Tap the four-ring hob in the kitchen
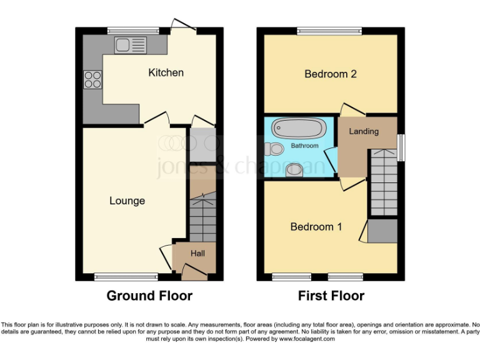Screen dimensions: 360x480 point(92,79)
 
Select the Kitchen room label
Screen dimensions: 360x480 point(166,72)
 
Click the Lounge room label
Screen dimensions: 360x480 point(127,201)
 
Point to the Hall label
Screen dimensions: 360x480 point(197,253)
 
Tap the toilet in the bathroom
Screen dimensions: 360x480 point(273,149)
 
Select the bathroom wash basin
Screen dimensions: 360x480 point(294,170)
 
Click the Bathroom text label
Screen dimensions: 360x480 point(304,146)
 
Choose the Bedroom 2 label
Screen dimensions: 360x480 point(330,74)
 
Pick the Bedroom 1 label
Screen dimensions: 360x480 point(316,227)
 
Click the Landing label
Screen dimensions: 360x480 point(363,131)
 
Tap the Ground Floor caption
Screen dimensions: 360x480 point(149,296)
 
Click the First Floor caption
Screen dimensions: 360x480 point(331,296)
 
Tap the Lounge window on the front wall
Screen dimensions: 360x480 point(126,276)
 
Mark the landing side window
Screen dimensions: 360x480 point(401,147)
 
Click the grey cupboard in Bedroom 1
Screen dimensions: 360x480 point(382,231)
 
